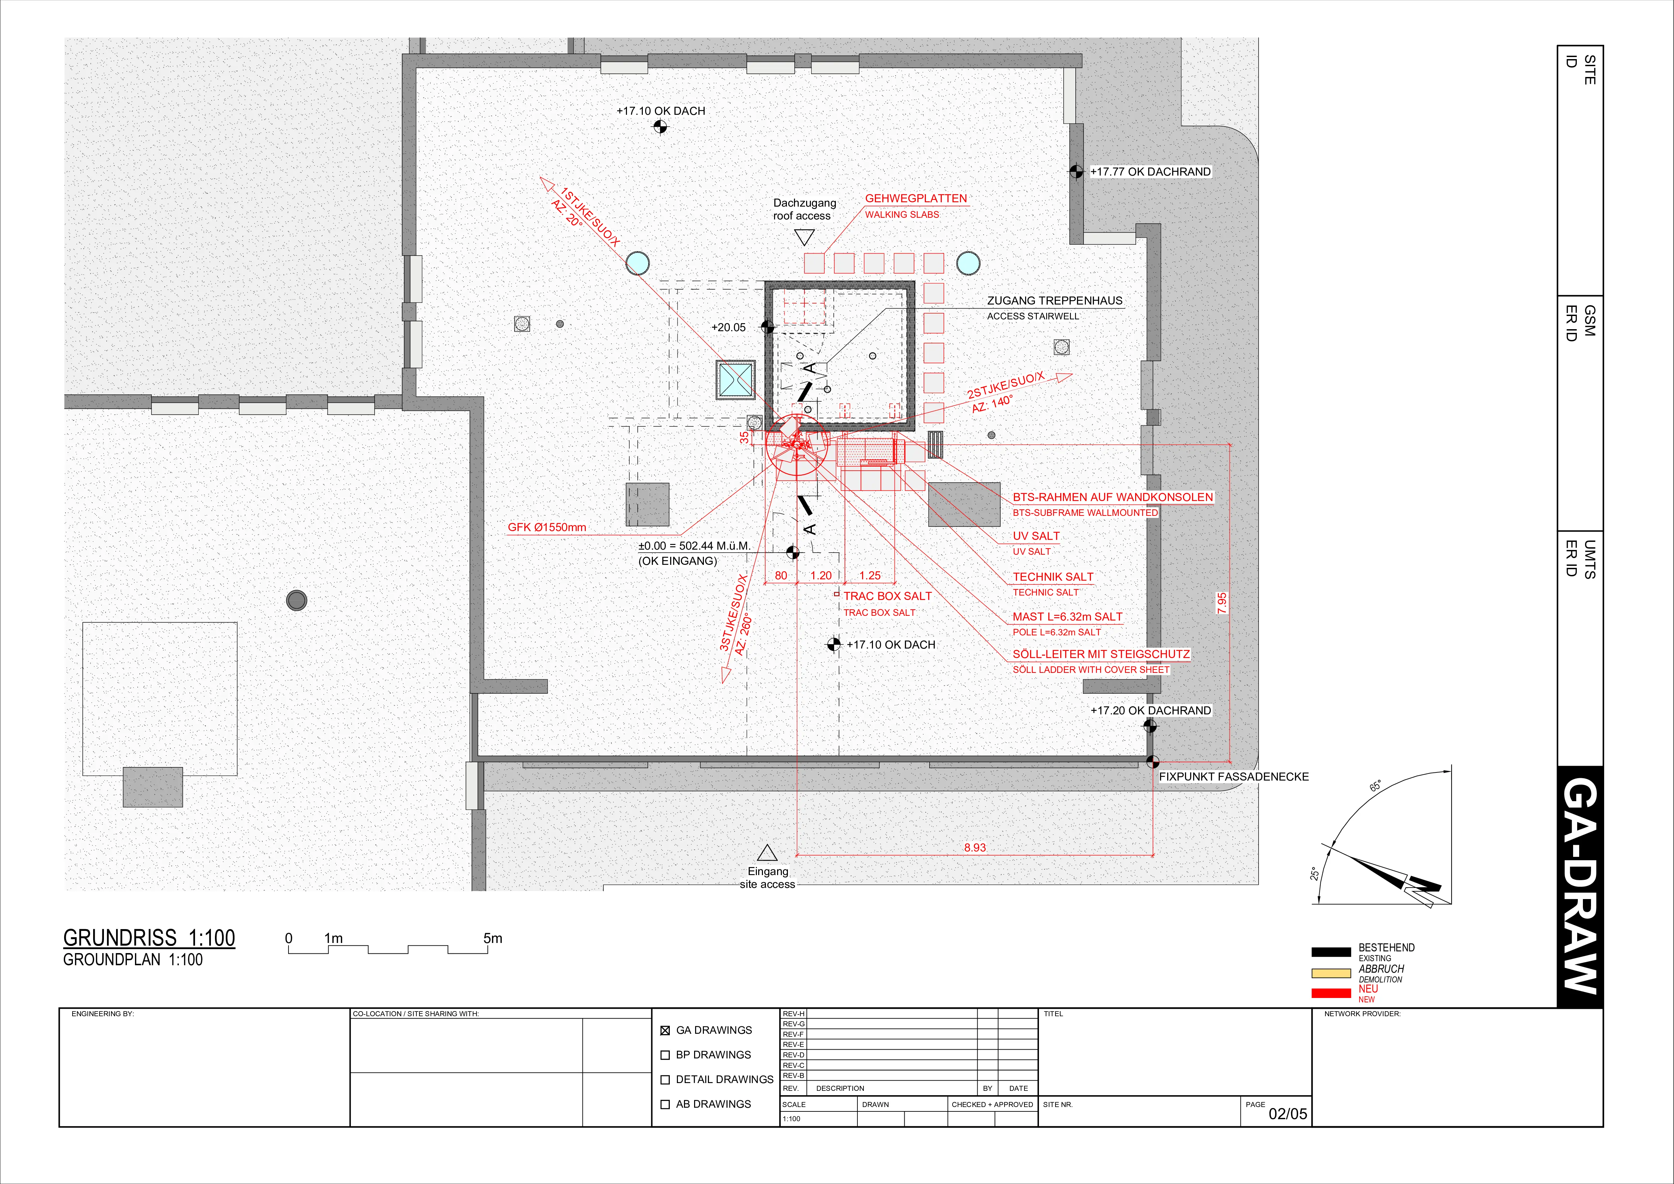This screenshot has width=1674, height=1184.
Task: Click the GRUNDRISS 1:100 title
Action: click(x=149, y=938)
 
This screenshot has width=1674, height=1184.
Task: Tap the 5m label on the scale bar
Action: click(x=493, y=938)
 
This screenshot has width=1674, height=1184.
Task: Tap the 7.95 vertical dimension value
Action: click(x=1222, y=603)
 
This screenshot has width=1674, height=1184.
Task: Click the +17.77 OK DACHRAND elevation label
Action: click(x=1151, y=172)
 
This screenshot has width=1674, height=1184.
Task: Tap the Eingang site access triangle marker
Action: click(x=767, y=853)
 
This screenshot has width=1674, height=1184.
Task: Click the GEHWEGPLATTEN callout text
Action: click(x=916, y=199)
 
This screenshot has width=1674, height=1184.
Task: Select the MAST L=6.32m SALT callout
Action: click(x=1067, y=616)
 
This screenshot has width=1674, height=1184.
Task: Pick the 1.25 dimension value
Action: click(x=870, y=576)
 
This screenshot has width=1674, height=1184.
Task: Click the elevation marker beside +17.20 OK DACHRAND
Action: click(x=1150, y=726)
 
